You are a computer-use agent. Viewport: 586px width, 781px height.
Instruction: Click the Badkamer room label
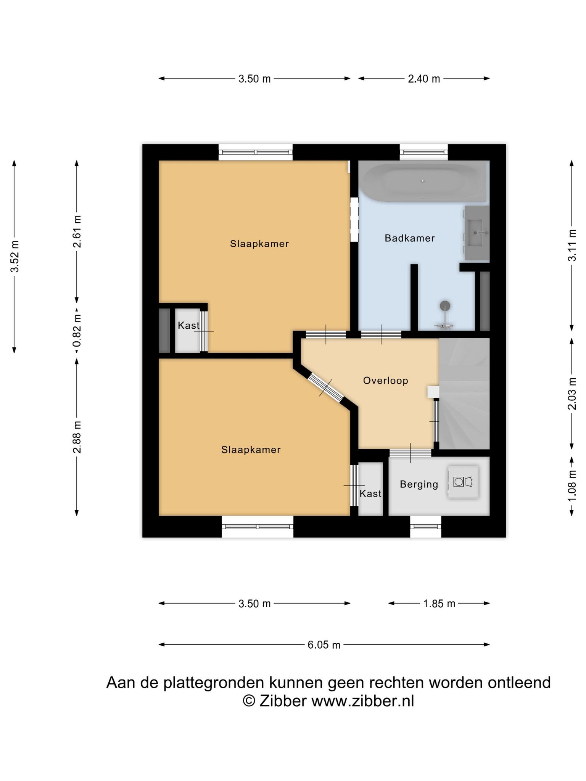(x=409, y=238)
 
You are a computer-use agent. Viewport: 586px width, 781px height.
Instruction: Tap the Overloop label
(x=385, y=381)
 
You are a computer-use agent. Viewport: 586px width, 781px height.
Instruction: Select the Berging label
(x=419, y=484)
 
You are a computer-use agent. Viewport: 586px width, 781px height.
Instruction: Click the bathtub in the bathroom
(x=424, y=182)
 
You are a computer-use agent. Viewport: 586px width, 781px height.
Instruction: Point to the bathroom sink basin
(x=477, y=233)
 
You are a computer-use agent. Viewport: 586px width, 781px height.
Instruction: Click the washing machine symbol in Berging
(x=463, y=482)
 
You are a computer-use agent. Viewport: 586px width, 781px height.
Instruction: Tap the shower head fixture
(x=445, y=306)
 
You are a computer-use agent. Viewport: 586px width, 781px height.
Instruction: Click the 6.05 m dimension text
(x=324, y=645)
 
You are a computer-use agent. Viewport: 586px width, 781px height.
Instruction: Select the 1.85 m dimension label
(x=439, y=604)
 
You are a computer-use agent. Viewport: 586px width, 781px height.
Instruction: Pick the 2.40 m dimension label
(x=424, y=79)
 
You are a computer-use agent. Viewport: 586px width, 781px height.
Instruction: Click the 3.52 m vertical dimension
(x=14, y=257)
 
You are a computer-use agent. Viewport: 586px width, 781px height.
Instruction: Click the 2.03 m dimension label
(x=572, y=394)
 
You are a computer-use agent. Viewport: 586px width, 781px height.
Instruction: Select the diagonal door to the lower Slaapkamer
(x=326, y=387)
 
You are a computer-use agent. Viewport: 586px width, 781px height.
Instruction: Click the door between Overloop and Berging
(x=411, y=453)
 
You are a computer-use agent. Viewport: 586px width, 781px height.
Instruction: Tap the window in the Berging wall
(x=426, y=527)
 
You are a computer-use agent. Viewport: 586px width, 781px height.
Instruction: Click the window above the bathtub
(x=423, y=153)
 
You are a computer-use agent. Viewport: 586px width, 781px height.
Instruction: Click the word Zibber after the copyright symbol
(x=283, y=701)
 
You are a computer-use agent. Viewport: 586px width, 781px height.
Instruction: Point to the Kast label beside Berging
(x=370, y=494)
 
